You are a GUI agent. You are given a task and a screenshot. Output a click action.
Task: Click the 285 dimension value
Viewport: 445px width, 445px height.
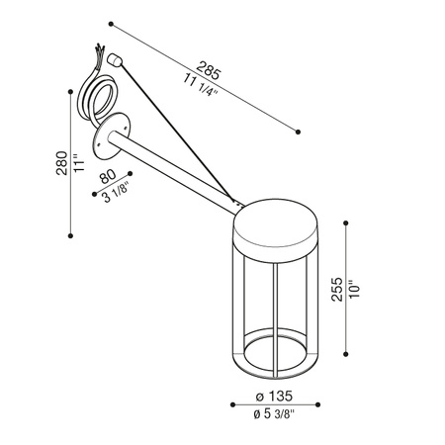pos(209,70)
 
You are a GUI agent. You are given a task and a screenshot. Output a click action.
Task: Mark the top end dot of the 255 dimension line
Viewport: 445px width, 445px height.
pos(346,222)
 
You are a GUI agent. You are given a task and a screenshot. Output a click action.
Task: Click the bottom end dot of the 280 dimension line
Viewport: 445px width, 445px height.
pos(70,235)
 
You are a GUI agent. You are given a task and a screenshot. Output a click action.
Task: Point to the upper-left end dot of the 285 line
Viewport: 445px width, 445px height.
pos(112,23)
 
